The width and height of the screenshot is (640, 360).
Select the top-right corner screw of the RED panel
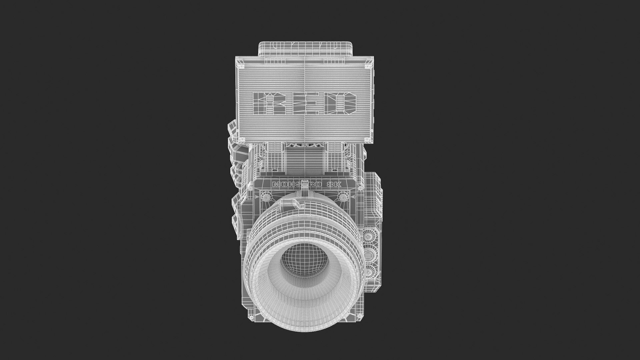[x=368, y=66]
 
